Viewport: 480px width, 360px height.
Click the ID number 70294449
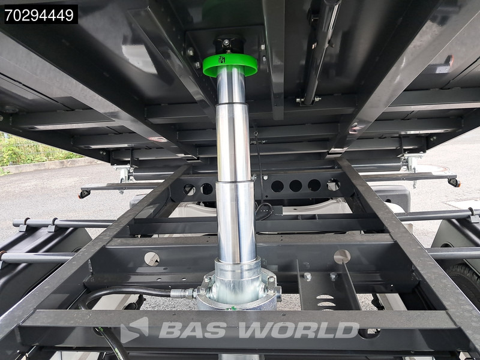point(40,14)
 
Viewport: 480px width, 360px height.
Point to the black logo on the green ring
point(221,59)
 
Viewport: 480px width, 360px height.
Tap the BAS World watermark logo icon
point(134,329)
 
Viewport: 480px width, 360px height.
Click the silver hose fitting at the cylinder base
point(183,293)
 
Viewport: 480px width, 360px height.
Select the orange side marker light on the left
point(84,194)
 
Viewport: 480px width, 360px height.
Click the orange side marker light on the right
point(454,182)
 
